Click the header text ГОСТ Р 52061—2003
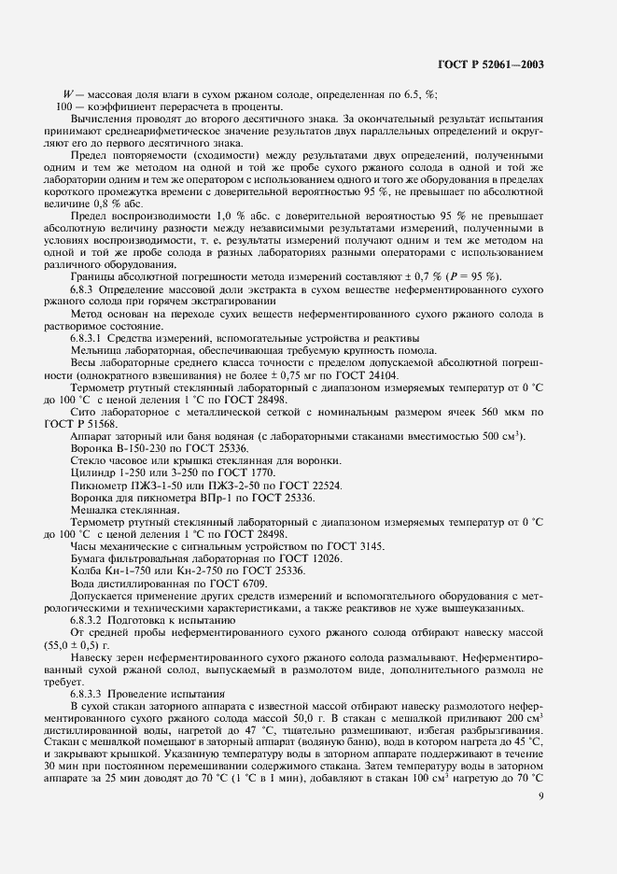click(490, 65)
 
